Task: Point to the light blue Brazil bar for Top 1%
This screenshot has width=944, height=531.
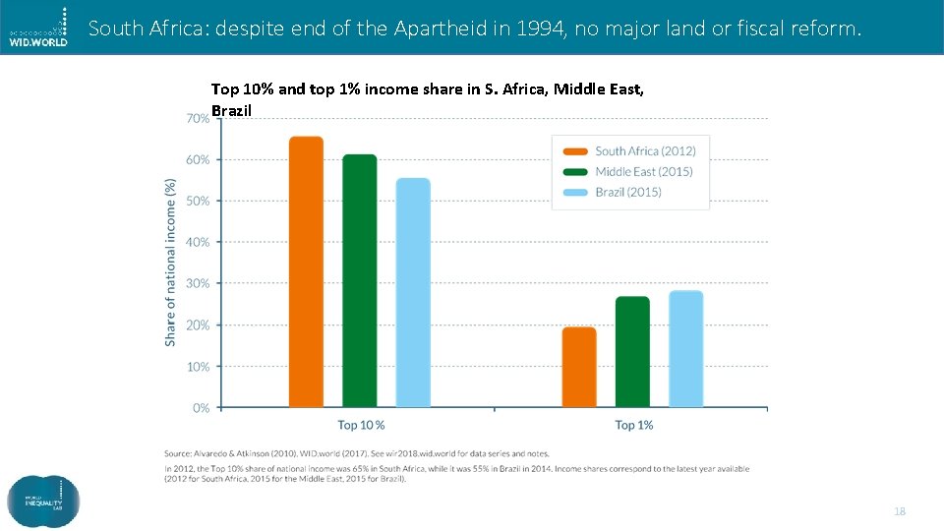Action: point(686,348)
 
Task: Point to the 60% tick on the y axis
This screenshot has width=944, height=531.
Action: point(198,159)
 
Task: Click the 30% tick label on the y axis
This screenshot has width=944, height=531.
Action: point(198,283)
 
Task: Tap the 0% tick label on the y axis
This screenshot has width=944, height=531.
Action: point(201,408)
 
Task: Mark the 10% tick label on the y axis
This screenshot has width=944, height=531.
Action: point(198,367)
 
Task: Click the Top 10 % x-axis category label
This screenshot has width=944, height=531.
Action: point(361,426)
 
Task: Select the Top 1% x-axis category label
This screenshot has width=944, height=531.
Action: point(634,426)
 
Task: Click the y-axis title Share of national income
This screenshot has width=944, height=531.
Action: point(170,262)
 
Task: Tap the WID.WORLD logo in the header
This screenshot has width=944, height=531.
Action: point(38,28)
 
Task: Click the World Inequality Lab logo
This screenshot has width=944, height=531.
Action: point(43,501)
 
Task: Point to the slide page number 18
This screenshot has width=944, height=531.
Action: point(899,512)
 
